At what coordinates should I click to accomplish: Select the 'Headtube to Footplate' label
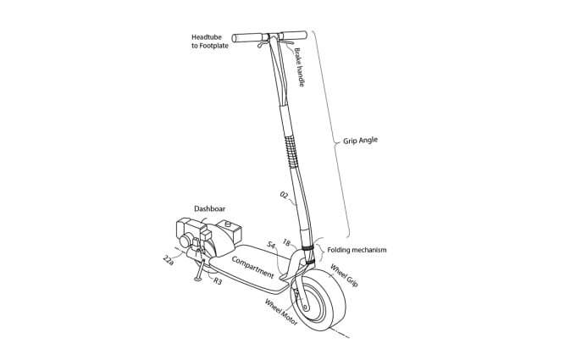(210, 41)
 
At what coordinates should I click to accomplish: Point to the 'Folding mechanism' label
(357, 250)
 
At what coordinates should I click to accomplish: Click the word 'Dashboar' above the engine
(210, 208)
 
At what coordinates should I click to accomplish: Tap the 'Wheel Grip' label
(343, 276)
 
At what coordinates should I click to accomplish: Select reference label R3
(218, 280)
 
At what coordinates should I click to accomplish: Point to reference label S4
(271, 245)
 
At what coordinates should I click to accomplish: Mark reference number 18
(286, 243)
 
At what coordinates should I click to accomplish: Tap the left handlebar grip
(247, 37)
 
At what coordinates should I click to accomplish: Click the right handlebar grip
(294, 36)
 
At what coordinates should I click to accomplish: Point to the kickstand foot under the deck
(199, 277)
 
